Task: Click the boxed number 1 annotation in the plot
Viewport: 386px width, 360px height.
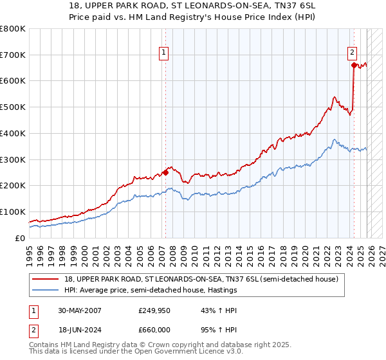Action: pos(165,53)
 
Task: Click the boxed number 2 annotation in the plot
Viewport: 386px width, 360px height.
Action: pos(353,53)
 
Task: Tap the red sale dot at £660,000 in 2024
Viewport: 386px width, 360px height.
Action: pos(354,65)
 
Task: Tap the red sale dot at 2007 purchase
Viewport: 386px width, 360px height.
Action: pos(165,172)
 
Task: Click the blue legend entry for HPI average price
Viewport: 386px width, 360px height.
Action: pos(151,290)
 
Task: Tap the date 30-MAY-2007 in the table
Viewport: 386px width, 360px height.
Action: pos(80,310)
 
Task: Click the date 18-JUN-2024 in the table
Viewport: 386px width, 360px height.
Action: pos(80,329)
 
